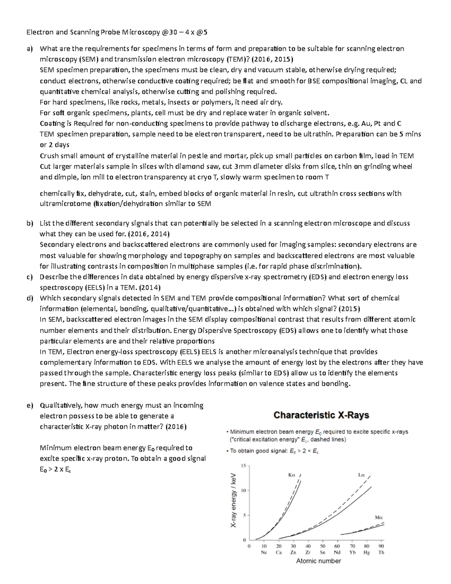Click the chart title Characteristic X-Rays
click(321, 415)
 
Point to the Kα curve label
click(292, 475)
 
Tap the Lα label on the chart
click(362, 475)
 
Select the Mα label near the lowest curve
click(379, 517)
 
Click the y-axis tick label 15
click(243, 466)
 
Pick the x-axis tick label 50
click(322, 546)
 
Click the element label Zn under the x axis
click(293, 552)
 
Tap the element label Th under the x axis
click(381, 552)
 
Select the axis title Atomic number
click(318, 561)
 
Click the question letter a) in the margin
click(29, 49)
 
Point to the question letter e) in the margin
click(29, 405)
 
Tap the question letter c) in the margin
click(29, 277)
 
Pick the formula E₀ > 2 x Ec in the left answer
click(55, 469)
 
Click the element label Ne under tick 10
click(264, 552)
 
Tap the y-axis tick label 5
click(244, 515)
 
